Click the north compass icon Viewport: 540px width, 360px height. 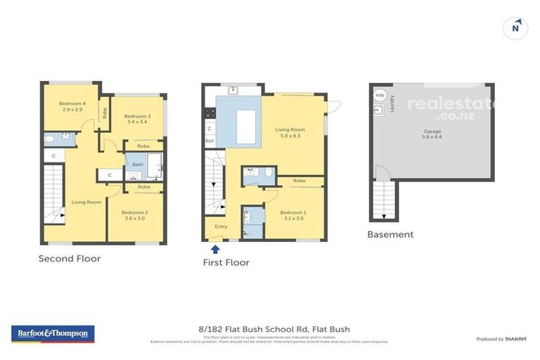tap(516, 28)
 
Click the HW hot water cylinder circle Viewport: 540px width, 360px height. tap(380, 95)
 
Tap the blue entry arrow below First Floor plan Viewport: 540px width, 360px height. tap(215, 248)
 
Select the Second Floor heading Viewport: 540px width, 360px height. tap(70, 259)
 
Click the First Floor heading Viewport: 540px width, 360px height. tap(227, 263)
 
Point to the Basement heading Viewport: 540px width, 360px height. tap(390, 235)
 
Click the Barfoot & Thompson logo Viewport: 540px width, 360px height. tap(53, 333)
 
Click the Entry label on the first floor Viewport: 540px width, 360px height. tap(221, 226)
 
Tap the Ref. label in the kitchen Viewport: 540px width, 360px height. tap(210, 141)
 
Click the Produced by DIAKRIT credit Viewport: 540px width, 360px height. tap(501, 340)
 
